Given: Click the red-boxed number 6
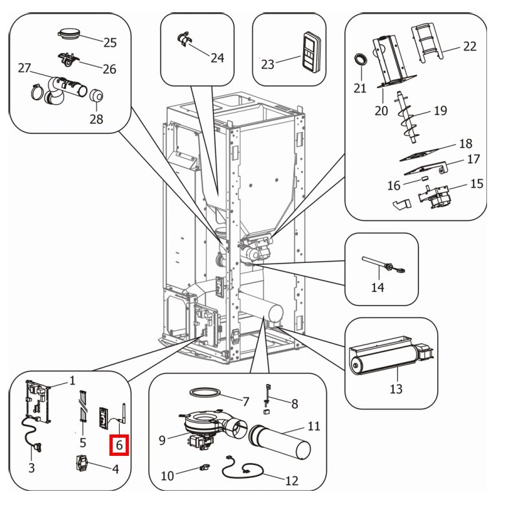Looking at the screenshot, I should [x=120, y=445].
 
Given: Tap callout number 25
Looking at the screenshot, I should [x=109, y=43].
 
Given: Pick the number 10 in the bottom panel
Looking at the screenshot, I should [x=168, y=476].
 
